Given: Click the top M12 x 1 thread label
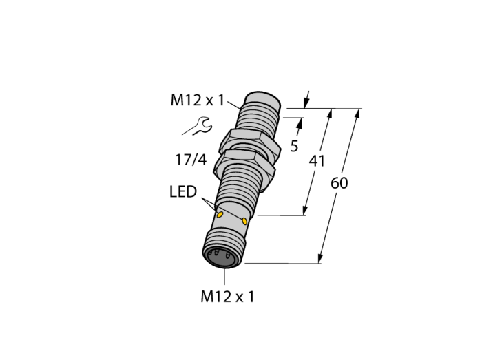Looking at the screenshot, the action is click(x=198, y=100).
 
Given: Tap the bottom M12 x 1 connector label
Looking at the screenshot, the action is click(x=227, y=297).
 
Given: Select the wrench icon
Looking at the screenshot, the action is click(x=197, y=126).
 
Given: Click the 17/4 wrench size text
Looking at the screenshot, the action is click(x=191, y=160).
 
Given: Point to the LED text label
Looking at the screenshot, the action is click(x=183, y=191).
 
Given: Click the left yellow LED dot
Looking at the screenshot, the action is click(x=220, y=215).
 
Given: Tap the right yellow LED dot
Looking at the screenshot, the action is click(x=244, y=221).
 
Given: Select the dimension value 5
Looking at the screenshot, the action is click(x=294, y=146).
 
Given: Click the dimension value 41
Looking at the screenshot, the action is click(x=317, y=161).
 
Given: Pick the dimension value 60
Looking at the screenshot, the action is click(x=339, y=183).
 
